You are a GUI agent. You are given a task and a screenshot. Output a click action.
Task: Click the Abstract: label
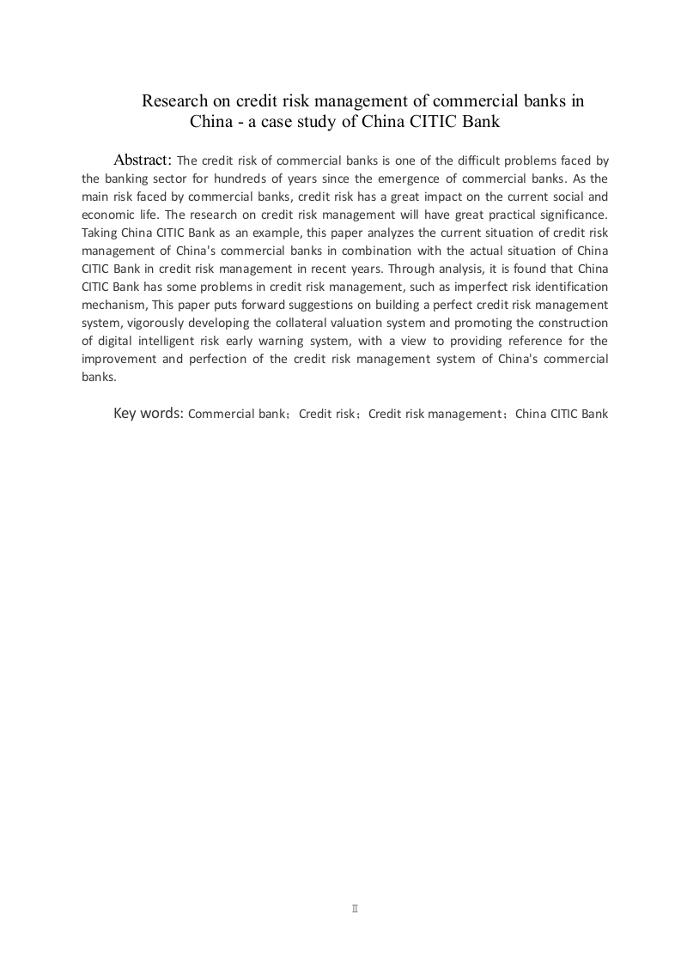pyautogui.click(x=143, y=160)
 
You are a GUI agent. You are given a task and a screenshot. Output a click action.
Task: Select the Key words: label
pyautogui.click(x=149, y=413)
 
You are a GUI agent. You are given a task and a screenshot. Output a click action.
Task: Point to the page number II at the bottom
pyautogui.click(x=355, y=908)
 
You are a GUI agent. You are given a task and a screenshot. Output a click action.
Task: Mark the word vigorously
pyautogui.click(x=152, y=323)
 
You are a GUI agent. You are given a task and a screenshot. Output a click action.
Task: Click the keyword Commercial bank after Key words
pyautogui.click(x=236, y=414)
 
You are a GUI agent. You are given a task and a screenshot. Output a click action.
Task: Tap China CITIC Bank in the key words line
pyautogui.click(x=562, y=414)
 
